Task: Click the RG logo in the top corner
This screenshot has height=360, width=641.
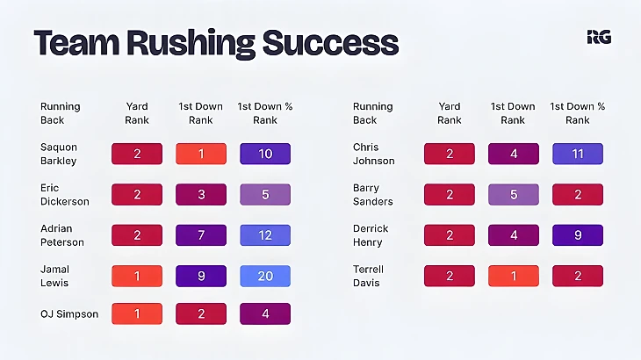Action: (599, 37)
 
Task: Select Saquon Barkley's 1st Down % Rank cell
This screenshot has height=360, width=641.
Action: (264, 155)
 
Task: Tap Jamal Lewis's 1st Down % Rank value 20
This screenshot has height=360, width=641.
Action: (264, 276)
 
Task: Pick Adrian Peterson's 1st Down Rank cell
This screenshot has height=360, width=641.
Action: (201, 235)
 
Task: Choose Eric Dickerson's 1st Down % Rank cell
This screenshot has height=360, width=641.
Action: (264, 195)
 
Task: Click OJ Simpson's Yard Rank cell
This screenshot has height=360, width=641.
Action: (137, 314)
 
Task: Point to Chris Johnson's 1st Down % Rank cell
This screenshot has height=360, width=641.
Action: (577, 155)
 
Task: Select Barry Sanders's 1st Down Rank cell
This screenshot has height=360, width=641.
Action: (514, 195)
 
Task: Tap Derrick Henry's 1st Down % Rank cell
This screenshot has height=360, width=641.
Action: (577, 235)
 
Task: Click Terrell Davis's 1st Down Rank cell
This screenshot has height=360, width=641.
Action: (514, 276)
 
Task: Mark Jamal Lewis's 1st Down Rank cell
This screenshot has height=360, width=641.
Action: (201, 276)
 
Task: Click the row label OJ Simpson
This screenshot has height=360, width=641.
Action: (69, 314)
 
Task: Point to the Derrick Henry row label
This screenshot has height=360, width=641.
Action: (371, 235)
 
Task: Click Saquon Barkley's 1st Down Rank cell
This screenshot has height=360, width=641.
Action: (201, 155)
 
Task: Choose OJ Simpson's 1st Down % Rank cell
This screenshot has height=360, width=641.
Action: (264, 314)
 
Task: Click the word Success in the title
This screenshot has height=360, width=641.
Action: (334, 43)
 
